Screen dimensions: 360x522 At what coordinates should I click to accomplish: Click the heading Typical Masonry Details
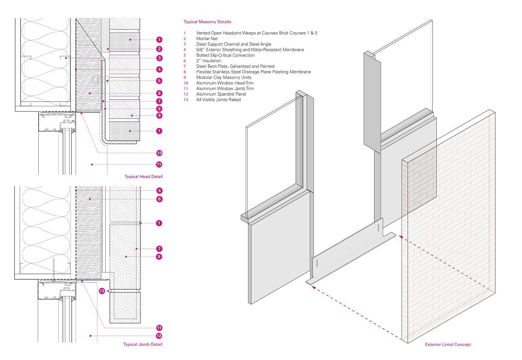click(x=207, y=22)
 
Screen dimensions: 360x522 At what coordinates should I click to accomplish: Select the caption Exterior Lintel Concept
click(x=448, y=345)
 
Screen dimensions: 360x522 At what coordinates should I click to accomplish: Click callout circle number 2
click(x=159, y=49)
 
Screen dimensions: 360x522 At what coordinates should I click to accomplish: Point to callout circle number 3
click(x=159, y=58)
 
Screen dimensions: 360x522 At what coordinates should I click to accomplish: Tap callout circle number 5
click(x=159, y=81)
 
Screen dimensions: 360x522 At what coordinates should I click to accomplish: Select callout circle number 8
click(x=159, y=109)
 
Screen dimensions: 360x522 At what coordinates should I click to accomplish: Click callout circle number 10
click(x=159, y=153)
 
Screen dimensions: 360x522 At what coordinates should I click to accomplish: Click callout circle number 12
click(x=159, y=336)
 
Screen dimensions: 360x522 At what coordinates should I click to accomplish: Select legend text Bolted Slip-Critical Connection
click(x=225, y=55)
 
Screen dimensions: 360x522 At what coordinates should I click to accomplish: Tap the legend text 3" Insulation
click(x=208, y=61)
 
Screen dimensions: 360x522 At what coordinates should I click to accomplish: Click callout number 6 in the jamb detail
click(x=159, y=199)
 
